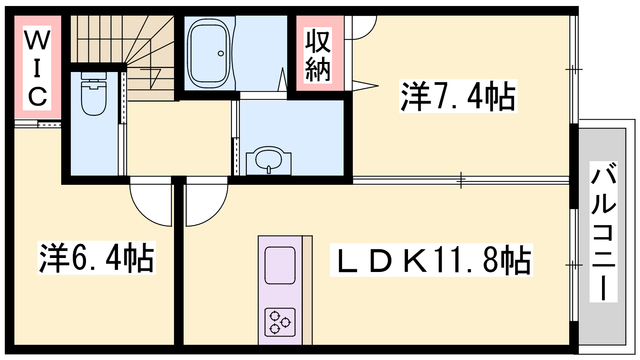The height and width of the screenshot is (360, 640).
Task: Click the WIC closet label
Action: pos(37,68)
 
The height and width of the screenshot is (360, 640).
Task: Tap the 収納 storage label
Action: pos(318,55)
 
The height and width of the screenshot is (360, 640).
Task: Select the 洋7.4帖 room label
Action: pos(458,96)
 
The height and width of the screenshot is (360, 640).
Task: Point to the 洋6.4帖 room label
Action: pos(96,258)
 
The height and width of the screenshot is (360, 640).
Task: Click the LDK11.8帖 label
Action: pos(432,260)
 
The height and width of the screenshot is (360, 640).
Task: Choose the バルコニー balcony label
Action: pos(604,232)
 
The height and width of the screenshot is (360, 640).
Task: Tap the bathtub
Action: pos(209,54)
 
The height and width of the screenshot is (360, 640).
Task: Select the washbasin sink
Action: pos(268,160)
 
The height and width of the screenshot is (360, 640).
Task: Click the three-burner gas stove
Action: pos(280,322)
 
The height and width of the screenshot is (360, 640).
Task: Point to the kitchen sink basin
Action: pos(280,265)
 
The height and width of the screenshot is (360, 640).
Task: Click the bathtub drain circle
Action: pos(220,54)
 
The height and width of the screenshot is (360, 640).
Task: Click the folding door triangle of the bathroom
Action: pos(282,80)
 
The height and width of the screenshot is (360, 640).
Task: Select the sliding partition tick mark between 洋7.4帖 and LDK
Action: pos(461,180)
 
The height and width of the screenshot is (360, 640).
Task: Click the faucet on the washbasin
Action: pos(268,170)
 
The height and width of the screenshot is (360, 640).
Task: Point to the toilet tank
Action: pos(94,76)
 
